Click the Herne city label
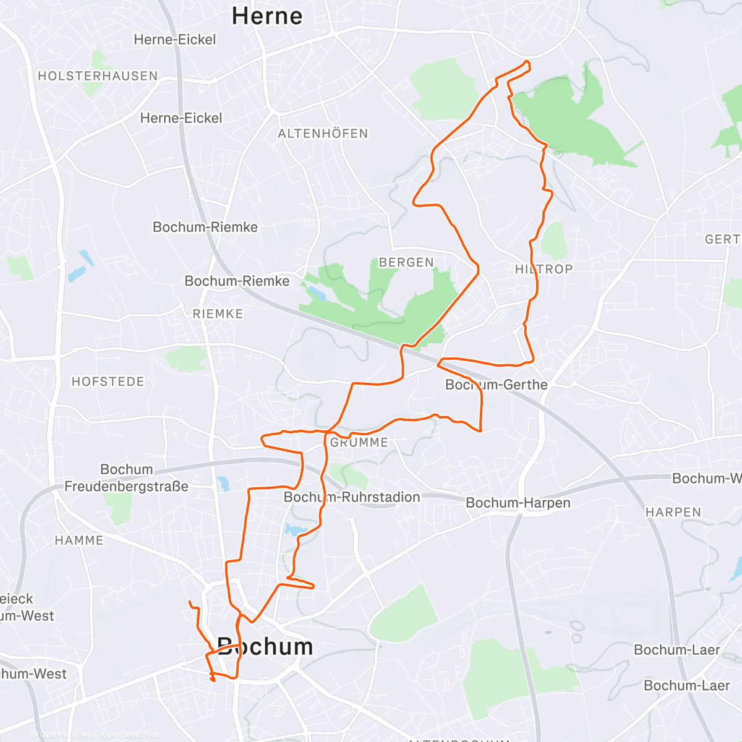(x=267, y=16)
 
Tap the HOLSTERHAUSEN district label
(x=98, y=76)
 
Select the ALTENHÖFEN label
(x=323, y=134)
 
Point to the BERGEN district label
(x=406, y=263)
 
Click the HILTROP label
(x=544, y=269)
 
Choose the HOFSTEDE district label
(x=108, y=382)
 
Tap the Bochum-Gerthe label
(x=497, y=385)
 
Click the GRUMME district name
(x=359, y=443)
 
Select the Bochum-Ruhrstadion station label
(x=352, y=497)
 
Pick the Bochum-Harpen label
(x=518, y=503)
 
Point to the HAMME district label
(x=79, y=540)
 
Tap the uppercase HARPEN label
(x=673, y=513)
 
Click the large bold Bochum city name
(x=265, y=647)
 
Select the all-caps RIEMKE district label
(x=218, y=314)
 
